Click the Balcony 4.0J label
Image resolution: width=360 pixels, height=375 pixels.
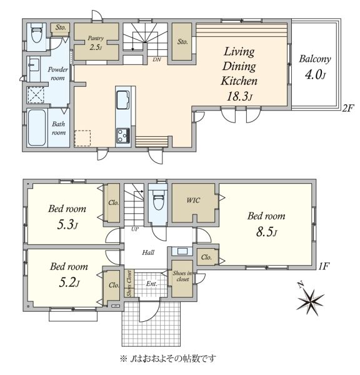pyautogui.click(x=315, y=67)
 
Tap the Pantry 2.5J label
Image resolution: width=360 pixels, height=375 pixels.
pyautogui.click(x=96, y=42)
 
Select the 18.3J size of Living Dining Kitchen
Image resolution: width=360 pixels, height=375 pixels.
pyautogui.click(x=239, y=97)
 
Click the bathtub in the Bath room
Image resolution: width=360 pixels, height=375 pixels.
pyautogui.click(x=37, y=127)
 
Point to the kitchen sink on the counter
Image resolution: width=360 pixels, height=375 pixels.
pyautogui.click(x=123, y=100)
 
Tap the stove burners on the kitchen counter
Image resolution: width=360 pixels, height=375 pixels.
pyautogui.click(x=123, y=136)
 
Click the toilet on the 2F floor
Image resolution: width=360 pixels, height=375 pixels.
pyautogui.click(x=36, y=33)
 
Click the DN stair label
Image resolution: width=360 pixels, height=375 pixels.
pyautogui.click(x=157, y=59)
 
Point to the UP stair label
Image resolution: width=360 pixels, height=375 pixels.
pyautogui.click(x=135, y=229)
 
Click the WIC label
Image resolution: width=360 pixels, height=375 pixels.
pyautogui.click(x=193, y=200)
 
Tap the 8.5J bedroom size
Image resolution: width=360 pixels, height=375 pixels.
pyautogui.click(x=266, y=232)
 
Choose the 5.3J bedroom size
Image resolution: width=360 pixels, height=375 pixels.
pyautogui.click(x=67, y=225)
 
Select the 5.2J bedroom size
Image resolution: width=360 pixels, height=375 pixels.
pyautogui.click(x=69, y=282)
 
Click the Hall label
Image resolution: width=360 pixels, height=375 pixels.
pyautogui.click(x=148, y=252)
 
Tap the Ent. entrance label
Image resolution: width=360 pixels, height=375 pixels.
pyautogui.click(x=152, y=284)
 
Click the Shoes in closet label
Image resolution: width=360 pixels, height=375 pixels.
pyautogui.click(x=182, y=276)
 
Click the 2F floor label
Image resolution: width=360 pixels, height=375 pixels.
pyautogui.click(x=347, y=109)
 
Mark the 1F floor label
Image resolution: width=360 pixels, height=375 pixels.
pyautogui.click(x=324, y=266)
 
